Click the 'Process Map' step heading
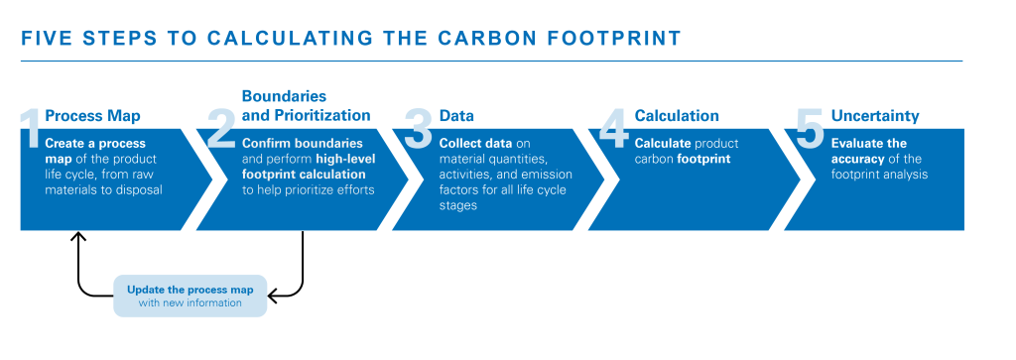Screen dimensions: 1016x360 coord(92,116)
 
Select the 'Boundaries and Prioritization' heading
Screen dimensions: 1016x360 coord(306,106)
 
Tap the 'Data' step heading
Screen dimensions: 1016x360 coord(456,116)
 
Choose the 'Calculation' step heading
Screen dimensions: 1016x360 coord(677,116)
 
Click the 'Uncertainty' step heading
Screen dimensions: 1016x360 coord(875,116)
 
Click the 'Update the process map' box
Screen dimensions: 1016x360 coord(190,296)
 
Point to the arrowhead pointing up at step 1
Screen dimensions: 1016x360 coord(77,236)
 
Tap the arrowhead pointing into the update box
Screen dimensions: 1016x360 coord(274,296)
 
